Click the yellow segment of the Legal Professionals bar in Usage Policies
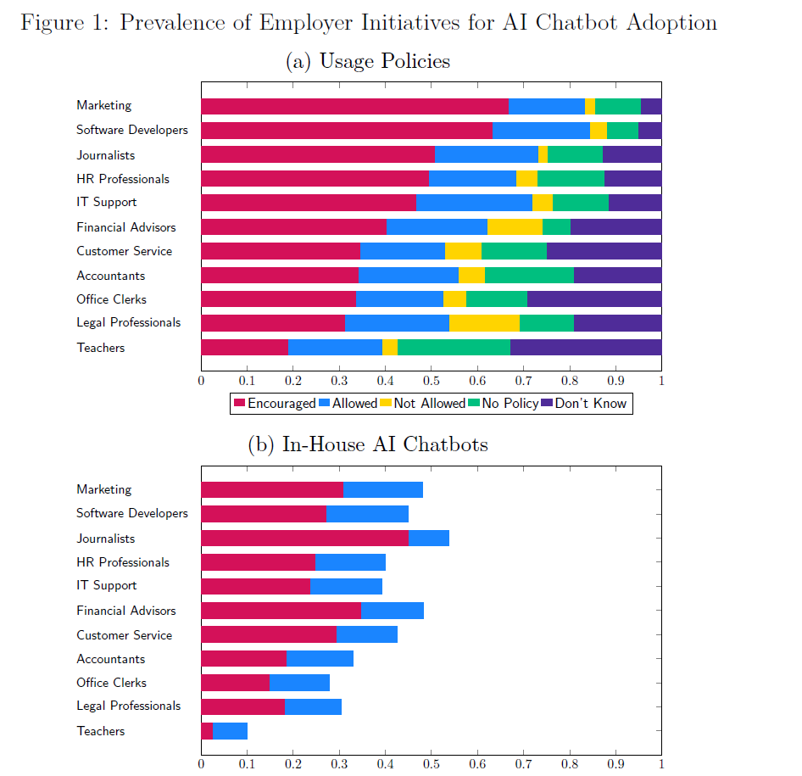[484, 323]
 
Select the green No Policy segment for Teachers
[454, 348]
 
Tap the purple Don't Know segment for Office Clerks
[594, 299]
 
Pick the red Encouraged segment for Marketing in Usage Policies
[354, 106]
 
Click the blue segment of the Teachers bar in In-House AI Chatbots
[230, 731]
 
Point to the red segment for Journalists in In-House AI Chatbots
[304, 539]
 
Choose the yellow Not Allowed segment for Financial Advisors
[515, 227]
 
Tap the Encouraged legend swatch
[240, 404]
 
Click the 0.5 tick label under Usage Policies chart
[431, 381]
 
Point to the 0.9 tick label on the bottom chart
[615, 763]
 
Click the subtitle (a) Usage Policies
[369, 61]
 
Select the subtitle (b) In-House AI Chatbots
[367, 444]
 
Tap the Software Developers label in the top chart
[131, 130]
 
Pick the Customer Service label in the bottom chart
[124, 635]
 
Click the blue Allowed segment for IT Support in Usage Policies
[474, 203]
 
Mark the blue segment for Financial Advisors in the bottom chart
[392, 611]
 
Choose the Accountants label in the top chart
[110, 276]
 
